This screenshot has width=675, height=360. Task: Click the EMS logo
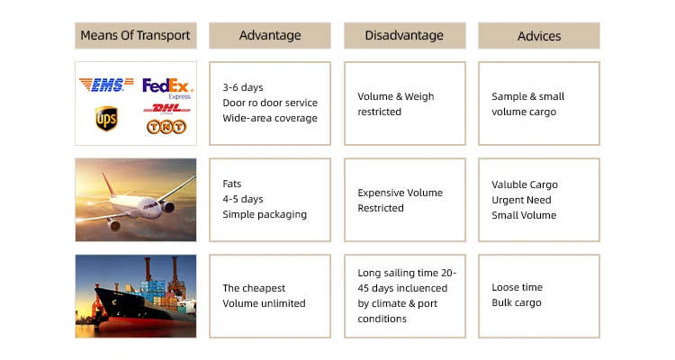[x=106, y=85]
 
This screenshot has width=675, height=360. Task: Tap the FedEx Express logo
[x=168, y=89]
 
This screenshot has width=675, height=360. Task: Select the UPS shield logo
[x=106, y=119]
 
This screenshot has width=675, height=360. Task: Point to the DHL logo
[x=167, y=109]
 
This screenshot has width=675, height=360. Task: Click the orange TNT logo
[x=166, y=127]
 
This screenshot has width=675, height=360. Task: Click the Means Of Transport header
[x=136, y=35]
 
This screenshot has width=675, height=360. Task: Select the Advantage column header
[x=270, y=35]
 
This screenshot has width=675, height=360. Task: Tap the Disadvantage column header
[x=405, y=35]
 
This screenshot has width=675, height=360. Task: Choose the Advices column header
[x=539, y=35]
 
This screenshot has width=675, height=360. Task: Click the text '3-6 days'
[x=243, y=87]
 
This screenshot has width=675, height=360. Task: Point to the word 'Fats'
[x=232, y=184]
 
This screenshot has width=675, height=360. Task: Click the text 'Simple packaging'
[x=265, y=214]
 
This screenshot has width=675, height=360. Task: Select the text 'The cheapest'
[x=254, y=288]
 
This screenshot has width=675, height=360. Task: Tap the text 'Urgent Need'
[x=521, y=200]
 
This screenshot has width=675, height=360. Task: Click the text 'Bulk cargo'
[x=517, y=302]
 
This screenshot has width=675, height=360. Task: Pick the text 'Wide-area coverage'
[x=270, y=118]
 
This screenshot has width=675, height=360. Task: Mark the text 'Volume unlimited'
[x=264, y=303]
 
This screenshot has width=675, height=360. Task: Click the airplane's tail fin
[x=109, y=184]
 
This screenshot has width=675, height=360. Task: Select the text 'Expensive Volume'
[x=400, y=193]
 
